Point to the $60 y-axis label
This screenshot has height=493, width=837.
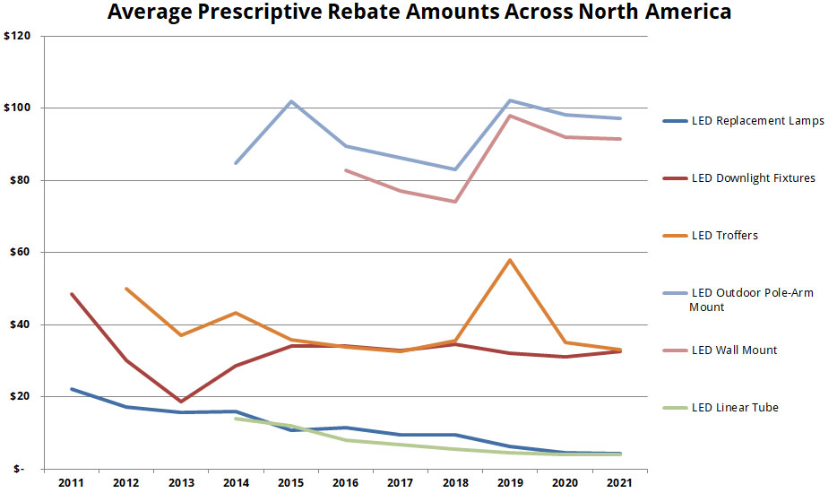pos(19,253)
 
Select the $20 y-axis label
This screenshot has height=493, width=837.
pos(19,397)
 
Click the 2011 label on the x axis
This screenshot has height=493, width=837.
pos(71,483)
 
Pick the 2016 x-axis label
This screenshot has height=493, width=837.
pos(346,483)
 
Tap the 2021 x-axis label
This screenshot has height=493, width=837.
pos(620,483)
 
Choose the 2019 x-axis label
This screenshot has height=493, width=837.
pos(510,483)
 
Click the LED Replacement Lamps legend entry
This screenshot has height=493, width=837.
pos(757,121)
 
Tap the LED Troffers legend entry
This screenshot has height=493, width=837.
pos(724,236)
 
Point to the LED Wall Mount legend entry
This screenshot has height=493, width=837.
pos(734,350)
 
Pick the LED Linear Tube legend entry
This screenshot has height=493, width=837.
pos(735,407)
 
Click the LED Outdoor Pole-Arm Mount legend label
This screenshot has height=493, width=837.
pos(751,299)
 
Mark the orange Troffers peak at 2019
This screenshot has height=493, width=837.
pos(510,260)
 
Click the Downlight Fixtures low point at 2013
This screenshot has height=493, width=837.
pos(181,402)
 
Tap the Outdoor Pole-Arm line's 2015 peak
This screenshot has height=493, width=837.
pos(291,101)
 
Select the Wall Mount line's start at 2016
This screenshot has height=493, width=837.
pos(346,170)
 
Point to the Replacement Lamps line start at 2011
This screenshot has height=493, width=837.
pos(71,389)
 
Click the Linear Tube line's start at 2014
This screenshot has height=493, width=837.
pos(236,419)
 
